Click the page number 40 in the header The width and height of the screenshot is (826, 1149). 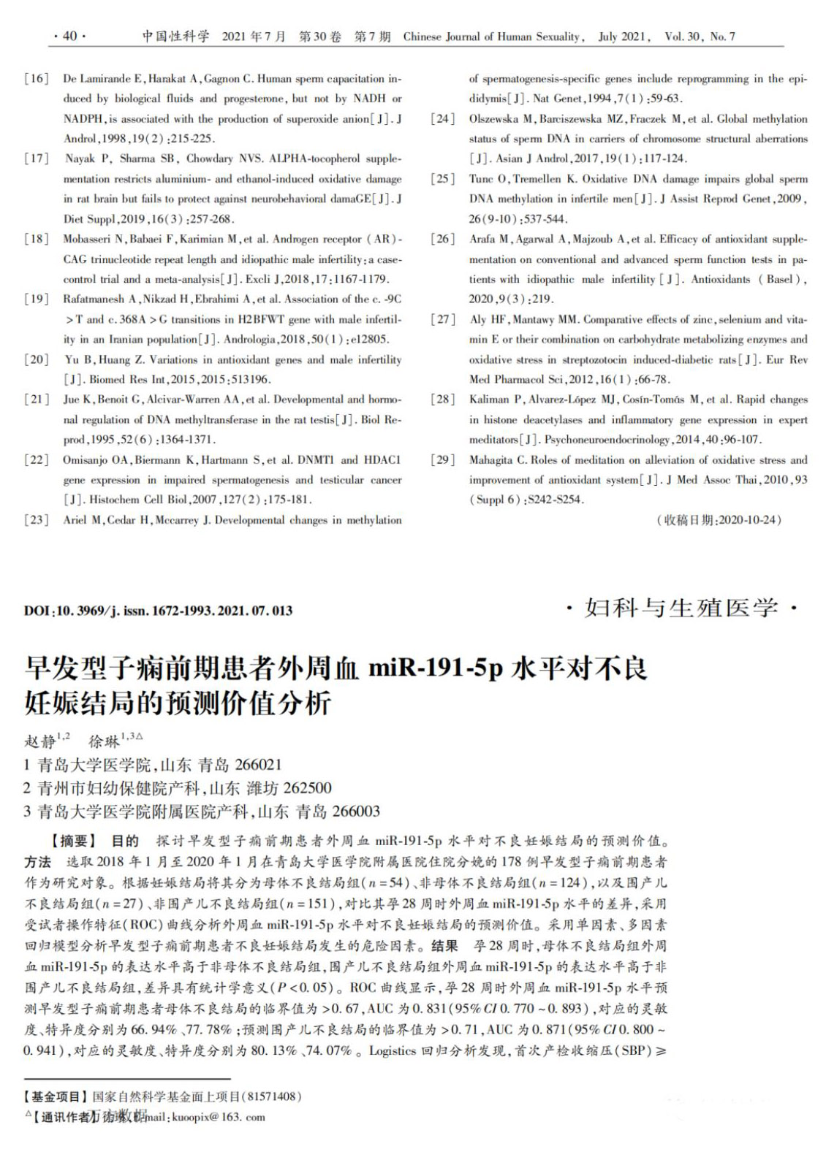click(x=69, y=37)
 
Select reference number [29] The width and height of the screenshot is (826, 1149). click(x=442, y=460)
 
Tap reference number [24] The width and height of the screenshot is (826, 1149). click(x=442, y=119)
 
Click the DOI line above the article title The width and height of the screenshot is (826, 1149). click(x=158, y=611)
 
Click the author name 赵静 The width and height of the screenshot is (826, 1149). click(x=40, y=741)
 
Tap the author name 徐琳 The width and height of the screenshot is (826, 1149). click(x=104, y=741)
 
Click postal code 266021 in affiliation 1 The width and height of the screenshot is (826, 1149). click(x=256, y=765)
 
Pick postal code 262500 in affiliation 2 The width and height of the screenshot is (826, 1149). click(x=306, y=788)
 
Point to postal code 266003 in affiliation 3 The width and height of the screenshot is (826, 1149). click(x=355, y=812)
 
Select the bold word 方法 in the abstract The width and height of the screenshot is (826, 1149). click(x=38, y=861)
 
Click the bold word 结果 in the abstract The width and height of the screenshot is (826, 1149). click(x=444, y=946)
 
